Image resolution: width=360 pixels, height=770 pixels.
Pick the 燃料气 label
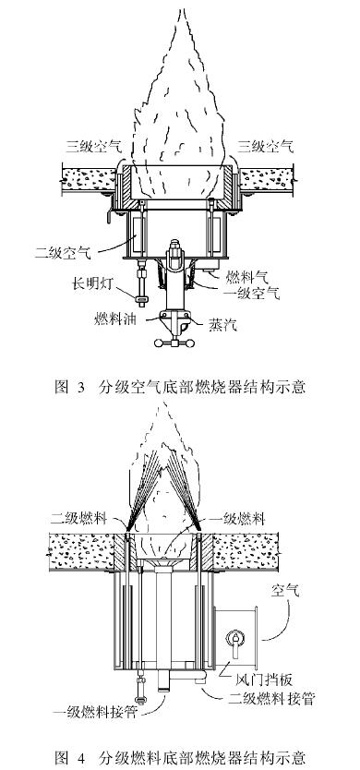[241, 275]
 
